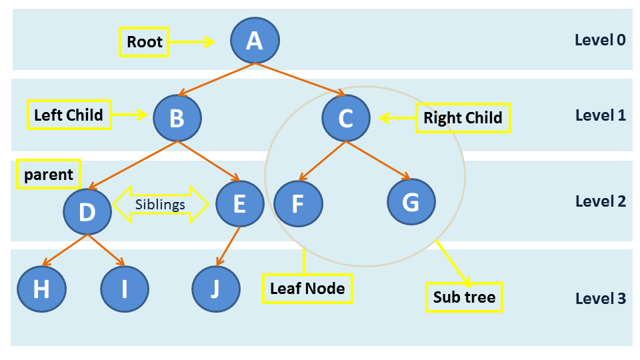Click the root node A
(255, 41)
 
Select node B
(177, 118)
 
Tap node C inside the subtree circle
(345, 118)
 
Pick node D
(87, 211)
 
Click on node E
(240, 204)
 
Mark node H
(41, 289)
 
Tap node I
(124, 289)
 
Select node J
(215, 289)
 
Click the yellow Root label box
(145, 42)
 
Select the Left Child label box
(68, 115)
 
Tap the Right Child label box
(463, 118)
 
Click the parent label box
(48, 175)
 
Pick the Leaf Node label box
(307, 289)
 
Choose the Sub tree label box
(464, 297)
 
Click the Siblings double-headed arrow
(160, 204)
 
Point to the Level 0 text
(600, 40)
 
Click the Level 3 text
(600, 298)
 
